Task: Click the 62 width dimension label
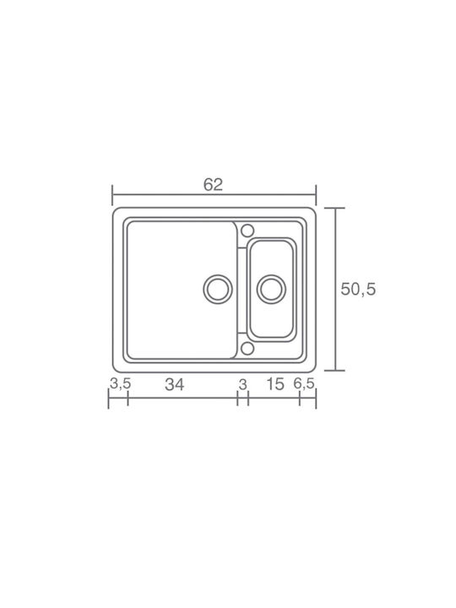[x=214, y=185]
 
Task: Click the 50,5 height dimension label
[x=358, y=290]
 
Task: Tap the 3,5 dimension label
[x=120, y=384]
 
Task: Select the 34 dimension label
[x=175, y=385]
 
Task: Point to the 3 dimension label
[x=242, y=385]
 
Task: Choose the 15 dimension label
[x=275, y=384]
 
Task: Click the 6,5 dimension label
[x=304, y=384]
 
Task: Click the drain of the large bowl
[x=218, y=290]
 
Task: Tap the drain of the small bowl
[x=271, y=290]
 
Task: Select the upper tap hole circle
[x=247, y=231]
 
